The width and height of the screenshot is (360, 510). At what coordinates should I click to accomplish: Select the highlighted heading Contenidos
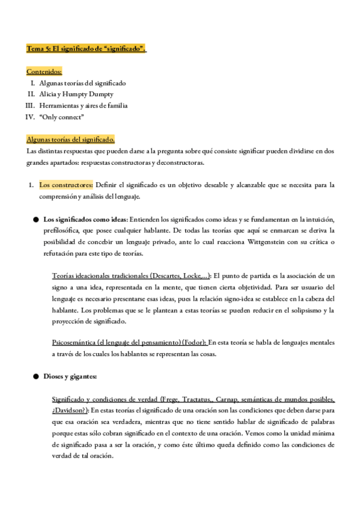point(44,71)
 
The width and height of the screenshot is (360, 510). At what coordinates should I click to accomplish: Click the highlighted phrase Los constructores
point(66,185)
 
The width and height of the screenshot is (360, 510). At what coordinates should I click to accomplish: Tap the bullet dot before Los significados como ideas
point(36,220)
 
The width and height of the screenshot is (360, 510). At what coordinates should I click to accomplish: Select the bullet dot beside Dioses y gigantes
point(36,376)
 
